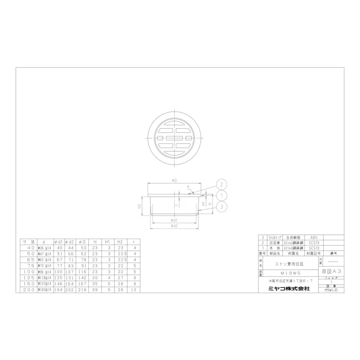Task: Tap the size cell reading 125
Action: pos(30,277)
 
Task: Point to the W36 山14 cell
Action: pos(45,247)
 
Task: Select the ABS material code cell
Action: pos(314,237)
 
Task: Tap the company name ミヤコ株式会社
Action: pos(285,289)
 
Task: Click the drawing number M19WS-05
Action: pos(332,290)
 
